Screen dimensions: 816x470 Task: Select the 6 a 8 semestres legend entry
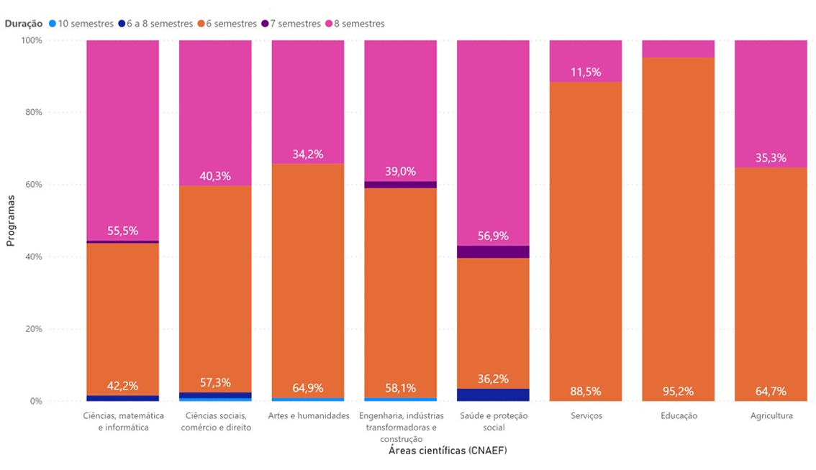[155, 24]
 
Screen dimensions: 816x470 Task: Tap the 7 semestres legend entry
[291, 24]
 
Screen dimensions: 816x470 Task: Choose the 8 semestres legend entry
[355, 24]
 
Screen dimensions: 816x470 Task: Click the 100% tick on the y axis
[32, 40]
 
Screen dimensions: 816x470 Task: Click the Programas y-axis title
[10, 221]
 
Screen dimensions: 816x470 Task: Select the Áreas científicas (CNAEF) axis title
[448, 451]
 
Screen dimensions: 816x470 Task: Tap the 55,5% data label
[123, 231]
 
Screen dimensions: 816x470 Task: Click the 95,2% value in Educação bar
[678, 392]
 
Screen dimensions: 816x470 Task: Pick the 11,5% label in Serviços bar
[586, 73]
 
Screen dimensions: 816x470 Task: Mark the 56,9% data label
[493, 236]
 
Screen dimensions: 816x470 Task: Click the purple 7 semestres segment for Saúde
[494, 252]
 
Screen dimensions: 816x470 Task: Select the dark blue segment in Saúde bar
[494, 395]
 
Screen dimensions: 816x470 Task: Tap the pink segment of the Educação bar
[678, 49]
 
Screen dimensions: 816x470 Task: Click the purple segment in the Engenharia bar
[401, 185]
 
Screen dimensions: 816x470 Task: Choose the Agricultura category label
[771, 416]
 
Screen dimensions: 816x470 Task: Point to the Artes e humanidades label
[309, 416]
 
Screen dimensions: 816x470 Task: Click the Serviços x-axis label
[586, 416]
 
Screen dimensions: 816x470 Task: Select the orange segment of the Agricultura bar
[771, 285]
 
